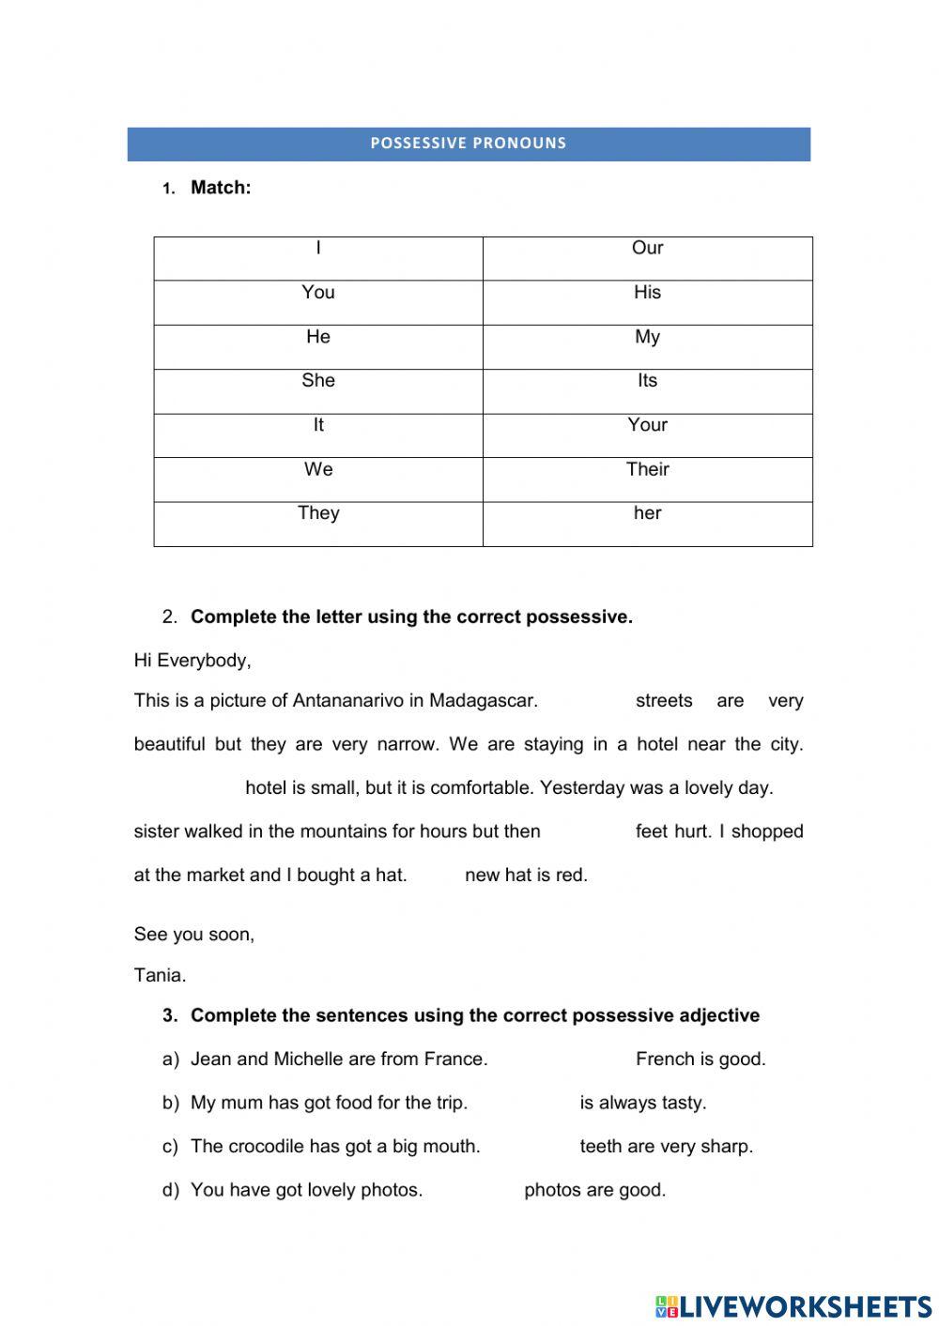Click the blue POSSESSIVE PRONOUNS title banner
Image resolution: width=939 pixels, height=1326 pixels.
click(x=469, y=144)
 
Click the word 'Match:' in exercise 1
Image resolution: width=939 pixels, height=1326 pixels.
click(x=221, y=188)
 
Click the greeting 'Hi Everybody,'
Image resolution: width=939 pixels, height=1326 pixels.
click(x=192, y=661)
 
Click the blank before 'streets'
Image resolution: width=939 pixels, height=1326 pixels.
click(x=587, y=701)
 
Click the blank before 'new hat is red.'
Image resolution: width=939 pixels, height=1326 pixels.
click(x=436, y=876)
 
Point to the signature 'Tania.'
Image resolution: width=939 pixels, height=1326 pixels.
click(x=160, y=975)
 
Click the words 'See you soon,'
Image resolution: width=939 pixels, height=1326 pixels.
click(x=193, y=935)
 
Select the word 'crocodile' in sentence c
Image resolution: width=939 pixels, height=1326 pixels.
click(x=266, y=1147)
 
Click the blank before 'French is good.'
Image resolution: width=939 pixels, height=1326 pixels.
click(x=562, y=1059)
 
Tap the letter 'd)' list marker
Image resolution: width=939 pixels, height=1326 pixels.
click(x=170, y=1191)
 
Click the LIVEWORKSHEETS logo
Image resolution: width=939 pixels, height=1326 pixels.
click(x=793, y=1305)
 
